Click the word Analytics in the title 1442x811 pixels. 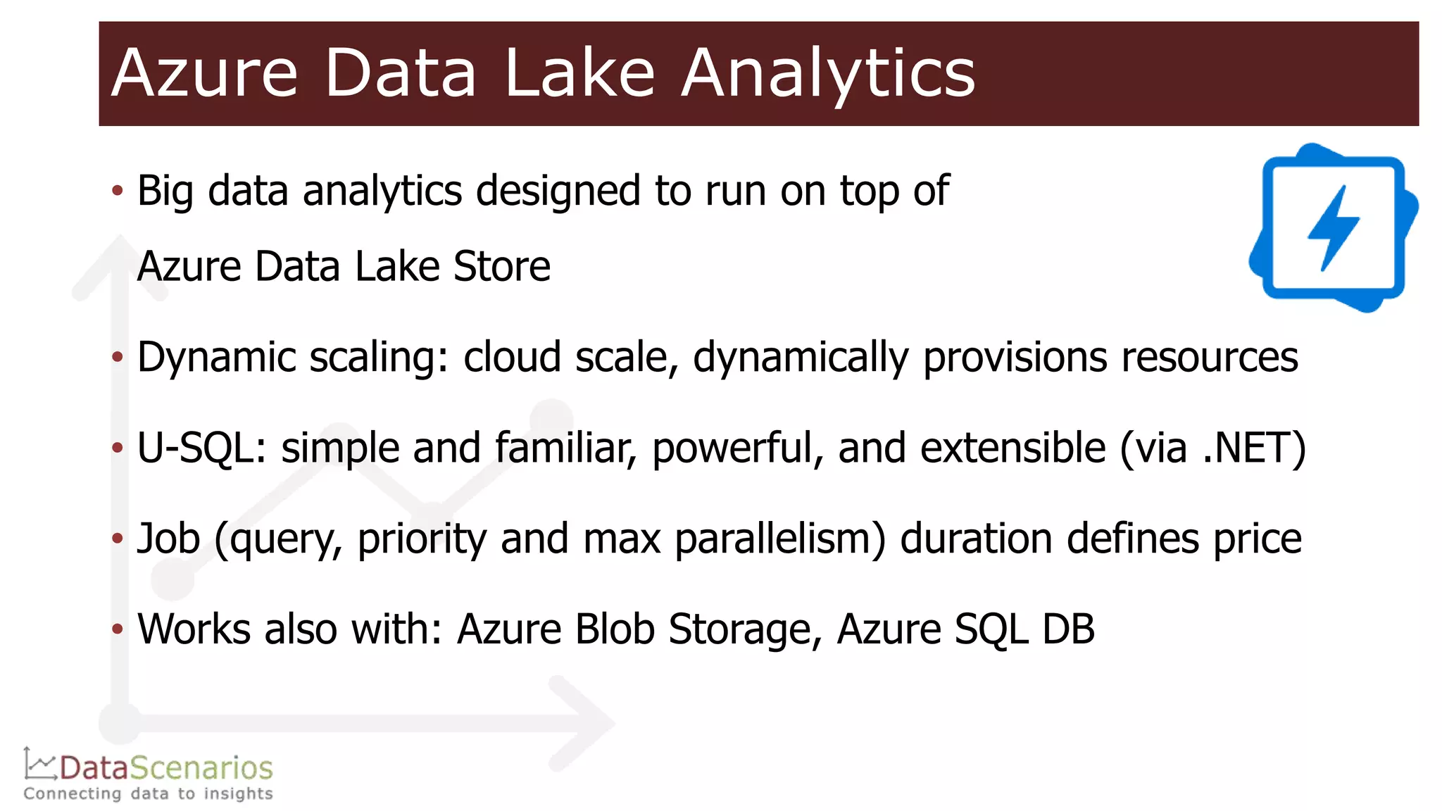tap(828, 73)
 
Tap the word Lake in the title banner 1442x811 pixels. tap(579, 73)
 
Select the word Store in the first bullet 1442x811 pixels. tap(501, 267)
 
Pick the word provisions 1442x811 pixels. tap(1014, 358)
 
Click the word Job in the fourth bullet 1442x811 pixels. tap(168, 539)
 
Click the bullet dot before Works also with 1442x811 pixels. tap(118, 628)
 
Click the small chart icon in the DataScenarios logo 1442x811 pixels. tap(39, 765)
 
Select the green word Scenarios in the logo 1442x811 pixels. tap(211, 767)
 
